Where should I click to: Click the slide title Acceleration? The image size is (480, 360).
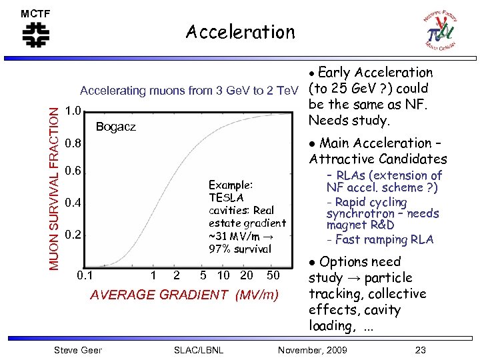(240, 32)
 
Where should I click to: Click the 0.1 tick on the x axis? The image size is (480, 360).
(85, 275)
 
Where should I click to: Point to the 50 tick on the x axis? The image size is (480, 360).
(273, 275)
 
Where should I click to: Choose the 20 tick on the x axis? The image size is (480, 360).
(247, 275)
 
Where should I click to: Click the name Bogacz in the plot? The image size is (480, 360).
(116, 127)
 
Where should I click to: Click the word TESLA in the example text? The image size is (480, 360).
(227, 197)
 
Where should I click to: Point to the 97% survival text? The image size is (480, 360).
(240, 249)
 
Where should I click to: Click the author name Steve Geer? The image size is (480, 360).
(77, 350)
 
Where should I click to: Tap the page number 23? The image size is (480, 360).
(420, 350)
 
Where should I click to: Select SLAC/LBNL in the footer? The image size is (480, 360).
(198, 350)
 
